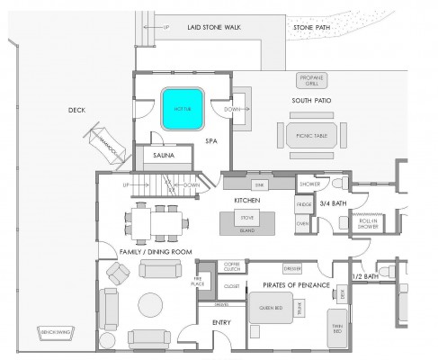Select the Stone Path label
(x=309, y=29)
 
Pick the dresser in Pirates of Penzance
(x=291, y=267)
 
